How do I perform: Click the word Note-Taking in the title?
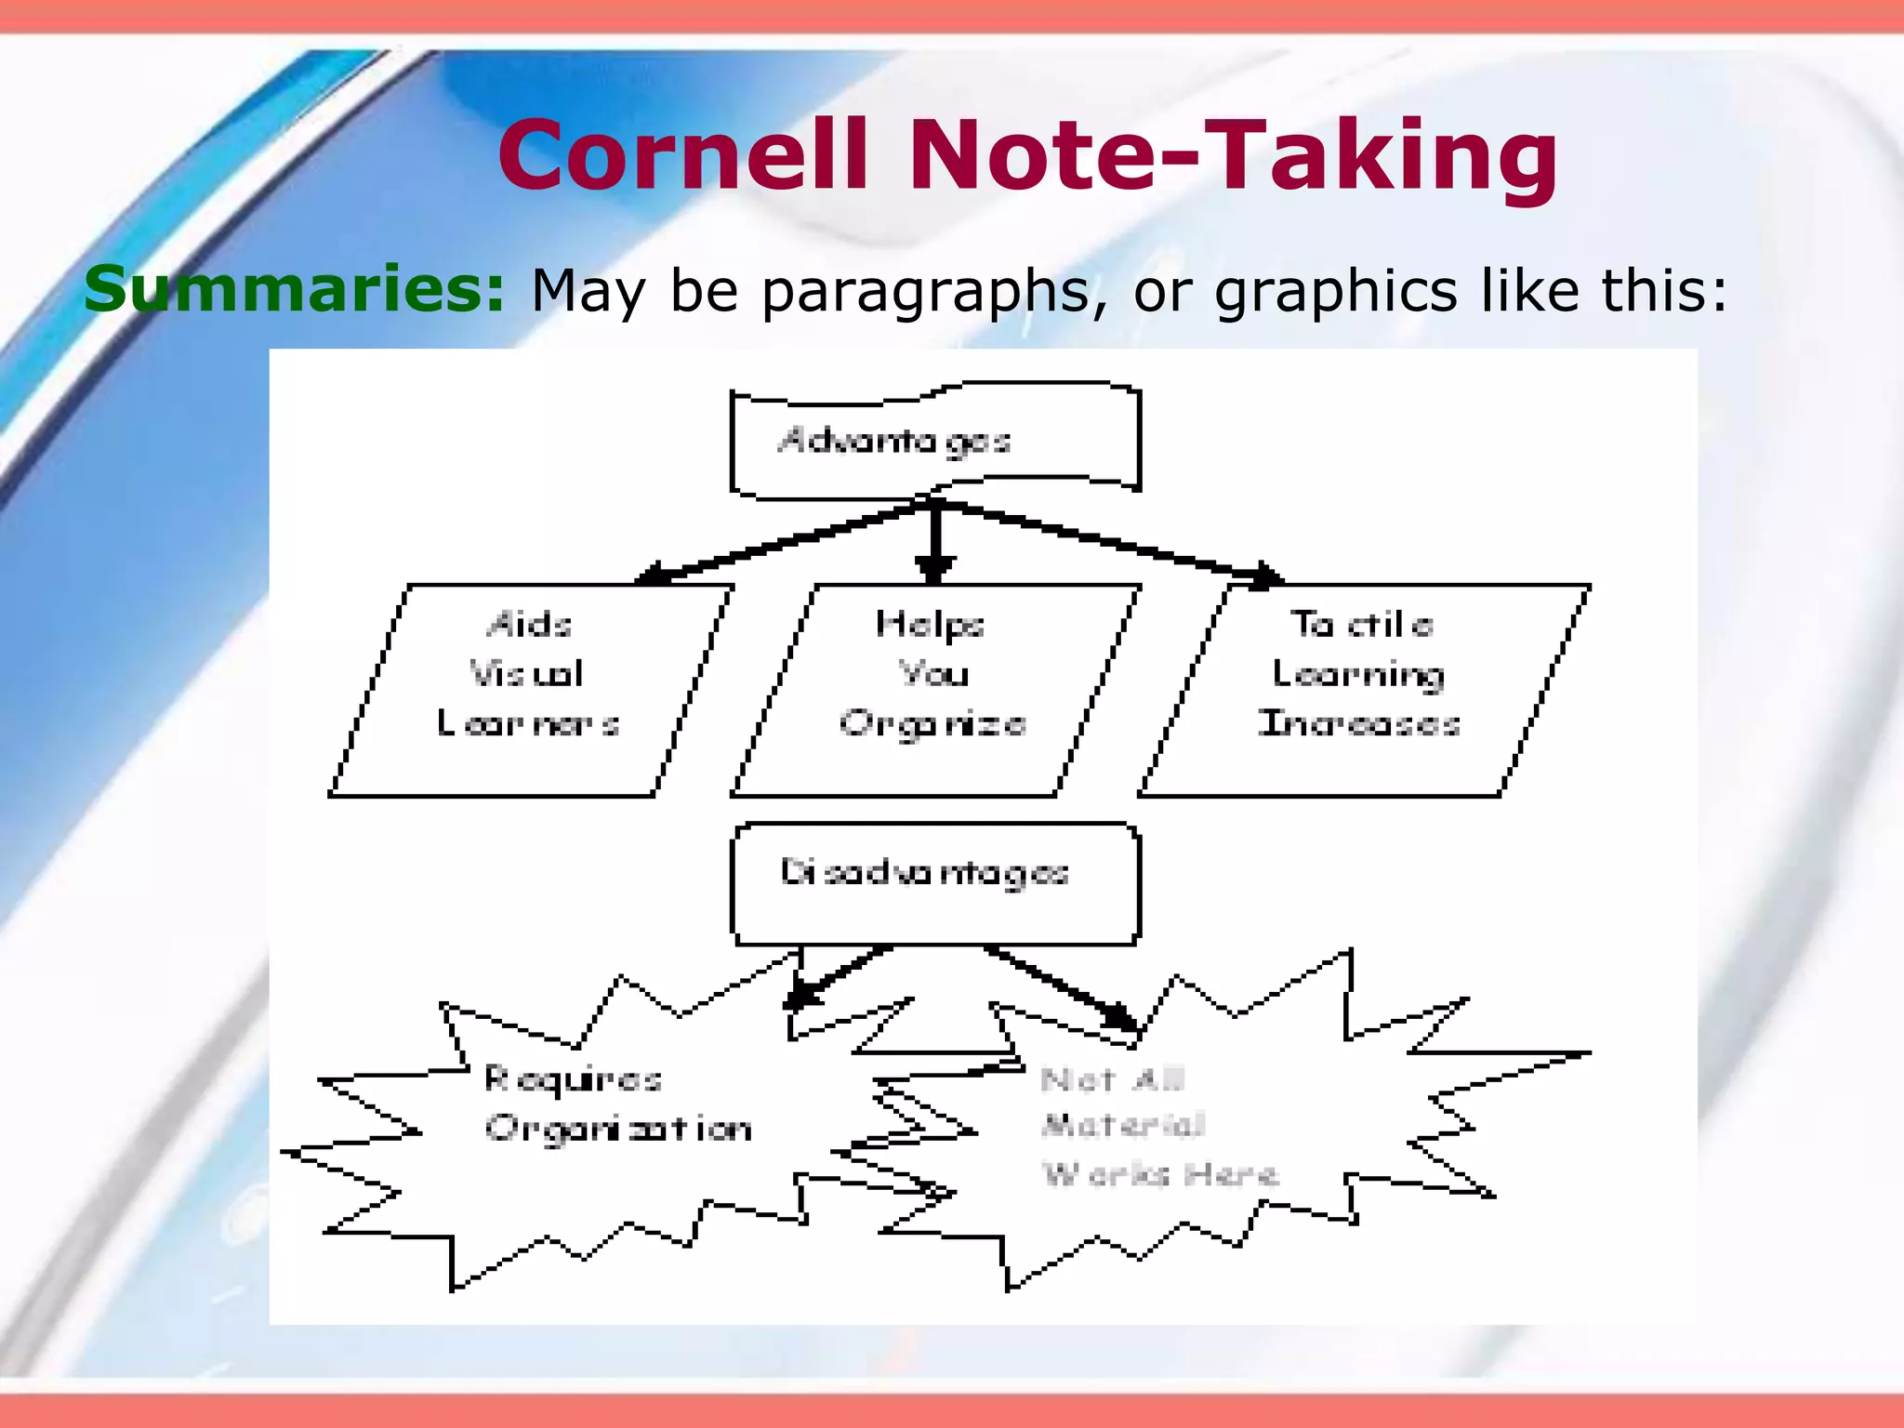tap(1232, 156)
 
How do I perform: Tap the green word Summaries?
tap(294, 289)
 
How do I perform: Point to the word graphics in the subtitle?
tap(1336, 292)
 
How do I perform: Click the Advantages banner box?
tap(934, 440)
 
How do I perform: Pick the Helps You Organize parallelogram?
tap(934, 690)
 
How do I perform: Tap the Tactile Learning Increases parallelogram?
tap(1362, 690)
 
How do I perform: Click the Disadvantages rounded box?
tap(934, 883)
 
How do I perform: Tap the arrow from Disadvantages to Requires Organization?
tap(837, 976)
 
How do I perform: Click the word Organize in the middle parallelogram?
tap(932, 724)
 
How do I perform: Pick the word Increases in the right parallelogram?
tap(1358, 723)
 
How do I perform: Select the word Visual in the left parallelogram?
tap(527, 673)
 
